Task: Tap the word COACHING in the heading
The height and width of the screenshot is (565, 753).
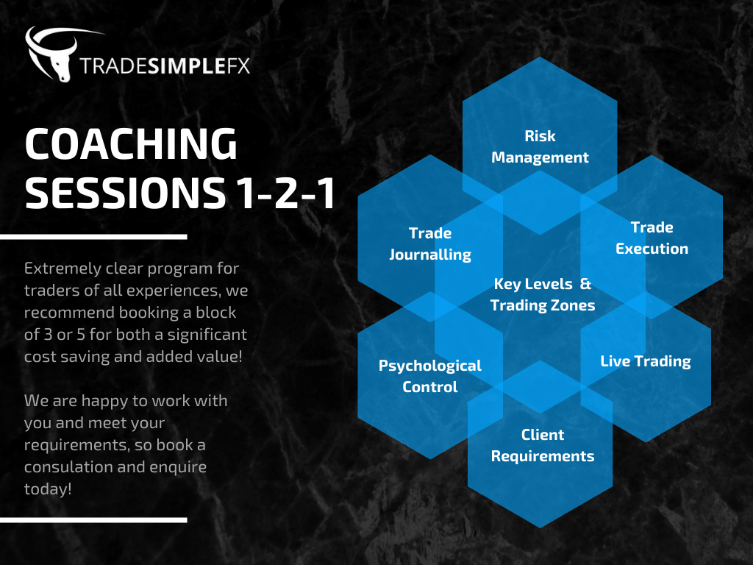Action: click(131, 143)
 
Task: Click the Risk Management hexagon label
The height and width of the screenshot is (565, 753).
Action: click(540, 146)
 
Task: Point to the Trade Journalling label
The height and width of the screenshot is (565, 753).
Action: click(430, 244)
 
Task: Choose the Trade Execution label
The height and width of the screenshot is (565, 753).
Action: click(652, 238)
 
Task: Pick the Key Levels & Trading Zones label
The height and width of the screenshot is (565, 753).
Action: click(543, 294)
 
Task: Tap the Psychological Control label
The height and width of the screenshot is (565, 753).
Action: click(429, 376)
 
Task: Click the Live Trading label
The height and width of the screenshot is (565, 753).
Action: click(646, 361)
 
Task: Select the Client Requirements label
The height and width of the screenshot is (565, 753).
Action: click(543, 445)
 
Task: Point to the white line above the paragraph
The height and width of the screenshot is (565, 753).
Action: click(93, 237)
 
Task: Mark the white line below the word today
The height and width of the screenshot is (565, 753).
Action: click(93, 520)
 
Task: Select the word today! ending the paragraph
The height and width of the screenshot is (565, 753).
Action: click(48, 489)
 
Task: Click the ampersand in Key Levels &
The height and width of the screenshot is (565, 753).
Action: click(585, 284)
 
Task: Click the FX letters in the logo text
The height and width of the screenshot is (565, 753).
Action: click(238, 66)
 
